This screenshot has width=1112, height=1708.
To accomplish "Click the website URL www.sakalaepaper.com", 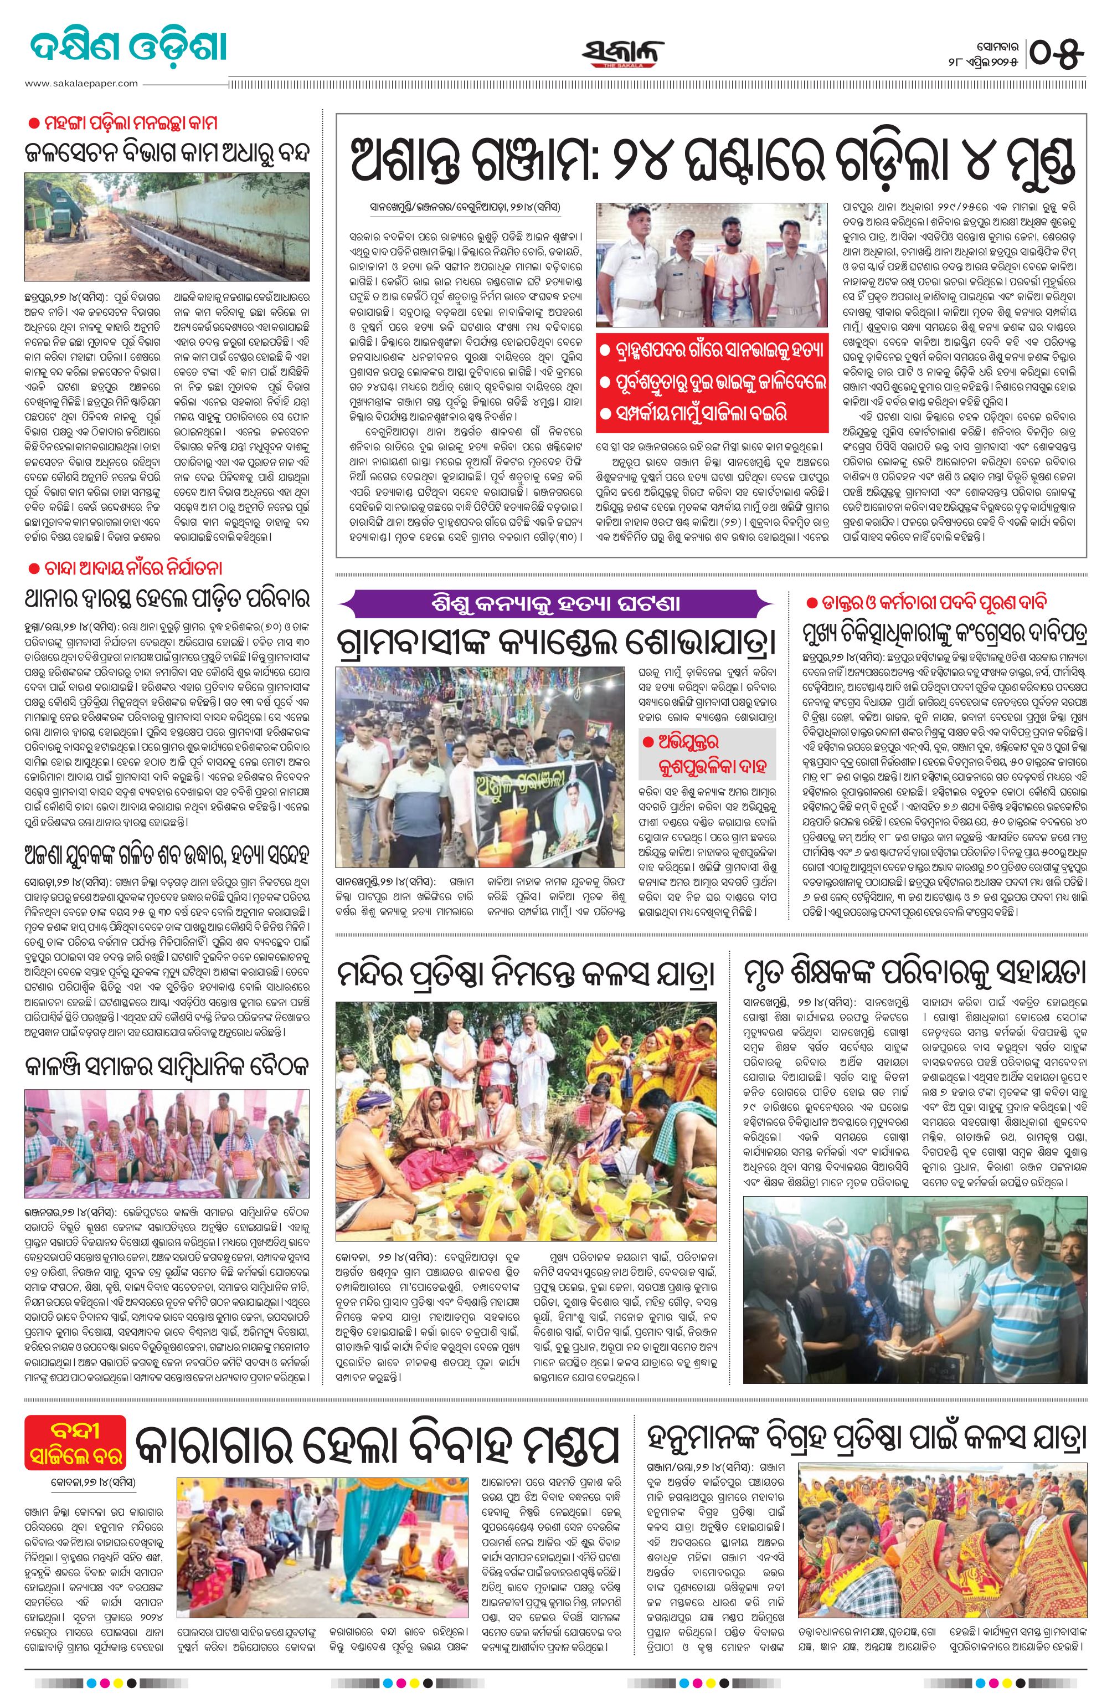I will coord(81,83).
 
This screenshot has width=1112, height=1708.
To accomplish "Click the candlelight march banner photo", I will coord(481,766).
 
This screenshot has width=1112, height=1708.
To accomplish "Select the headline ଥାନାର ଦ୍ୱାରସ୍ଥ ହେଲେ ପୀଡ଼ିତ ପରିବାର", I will coord(167,598).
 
